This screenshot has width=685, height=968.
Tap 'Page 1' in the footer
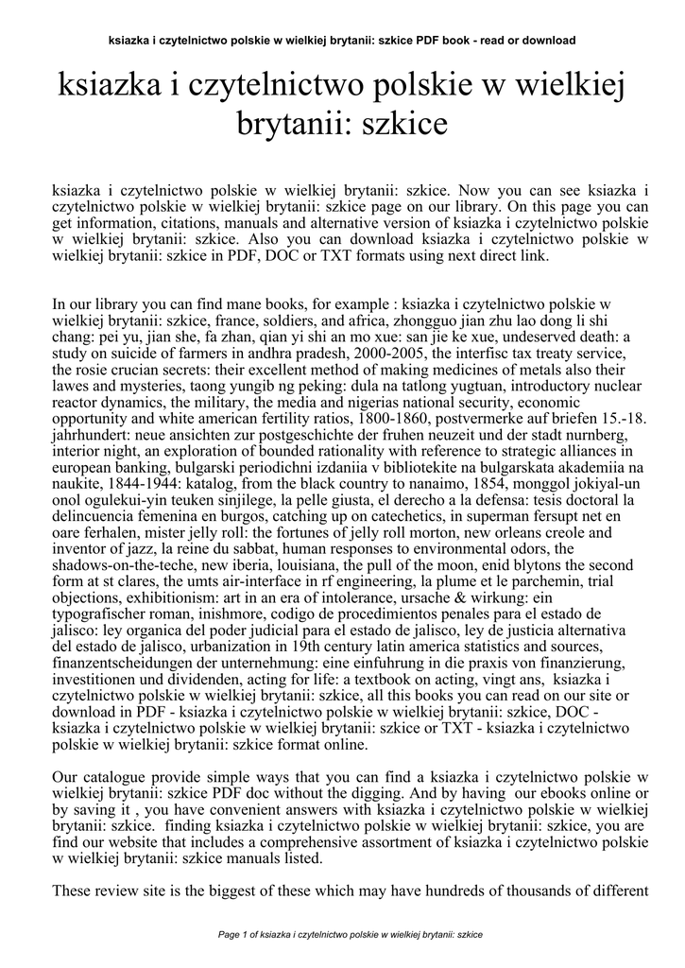[231, 935]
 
